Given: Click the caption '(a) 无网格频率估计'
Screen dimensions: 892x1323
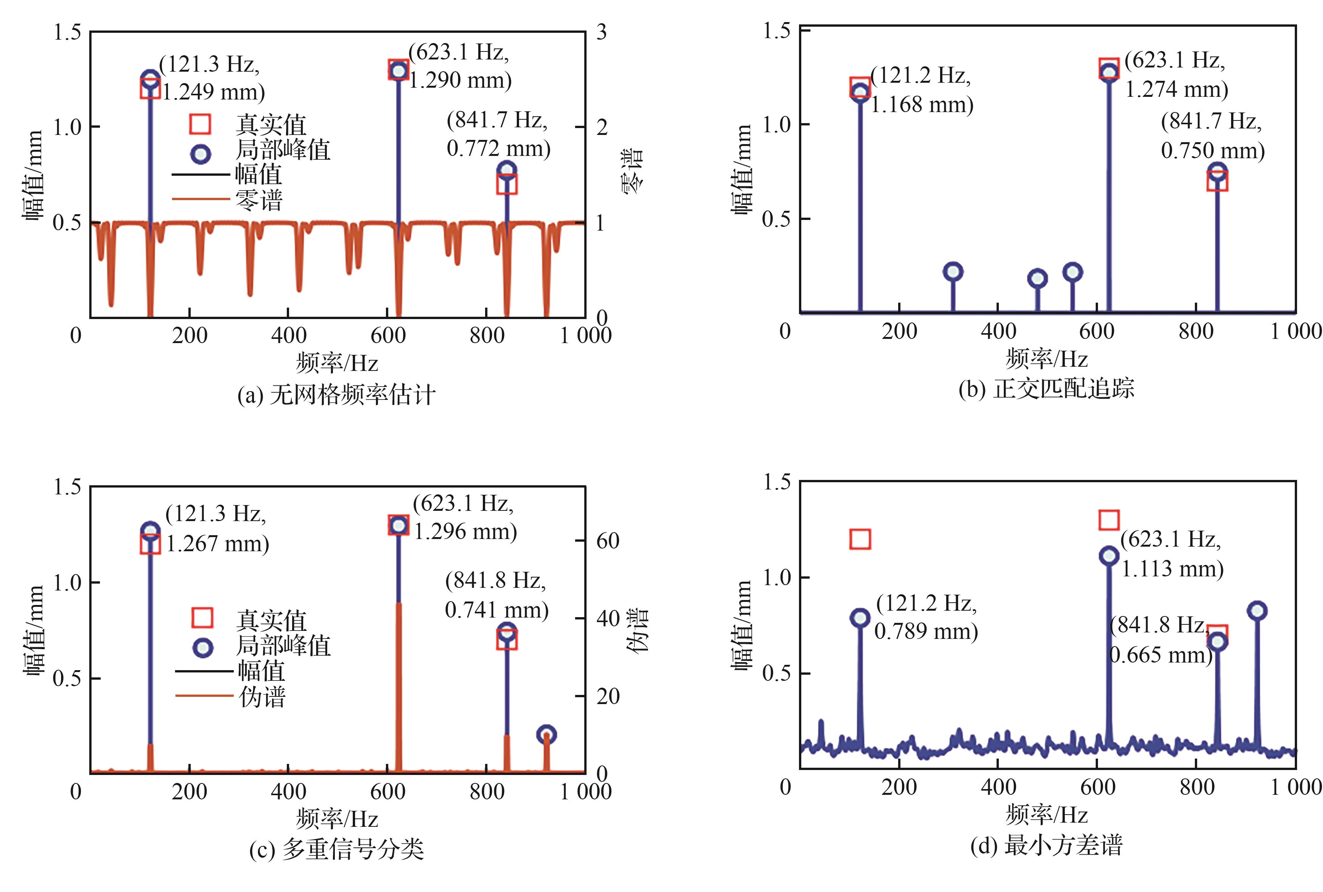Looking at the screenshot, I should click(336, 394).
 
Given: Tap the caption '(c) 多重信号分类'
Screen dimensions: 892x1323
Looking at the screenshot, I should click(336, 849).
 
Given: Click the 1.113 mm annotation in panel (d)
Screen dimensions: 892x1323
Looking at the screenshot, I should click(1172, 553).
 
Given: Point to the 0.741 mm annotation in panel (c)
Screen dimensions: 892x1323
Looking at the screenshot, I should click(496, 595).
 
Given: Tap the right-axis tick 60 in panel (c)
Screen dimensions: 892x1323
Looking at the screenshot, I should click(607, 541).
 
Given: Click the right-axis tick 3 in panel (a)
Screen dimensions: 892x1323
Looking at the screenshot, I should click(601, 32).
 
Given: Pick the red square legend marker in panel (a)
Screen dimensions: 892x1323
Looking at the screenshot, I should click(200, 124).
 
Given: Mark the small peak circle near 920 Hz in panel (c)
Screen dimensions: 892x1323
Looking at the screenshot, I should click(546, 735).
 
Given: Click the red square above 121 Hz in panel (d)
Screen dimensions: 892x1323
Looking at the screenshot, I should click(860, 539).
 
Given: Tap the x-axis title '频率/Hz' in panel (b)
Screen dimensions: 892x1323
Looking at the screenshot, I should click(1046, 358).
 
